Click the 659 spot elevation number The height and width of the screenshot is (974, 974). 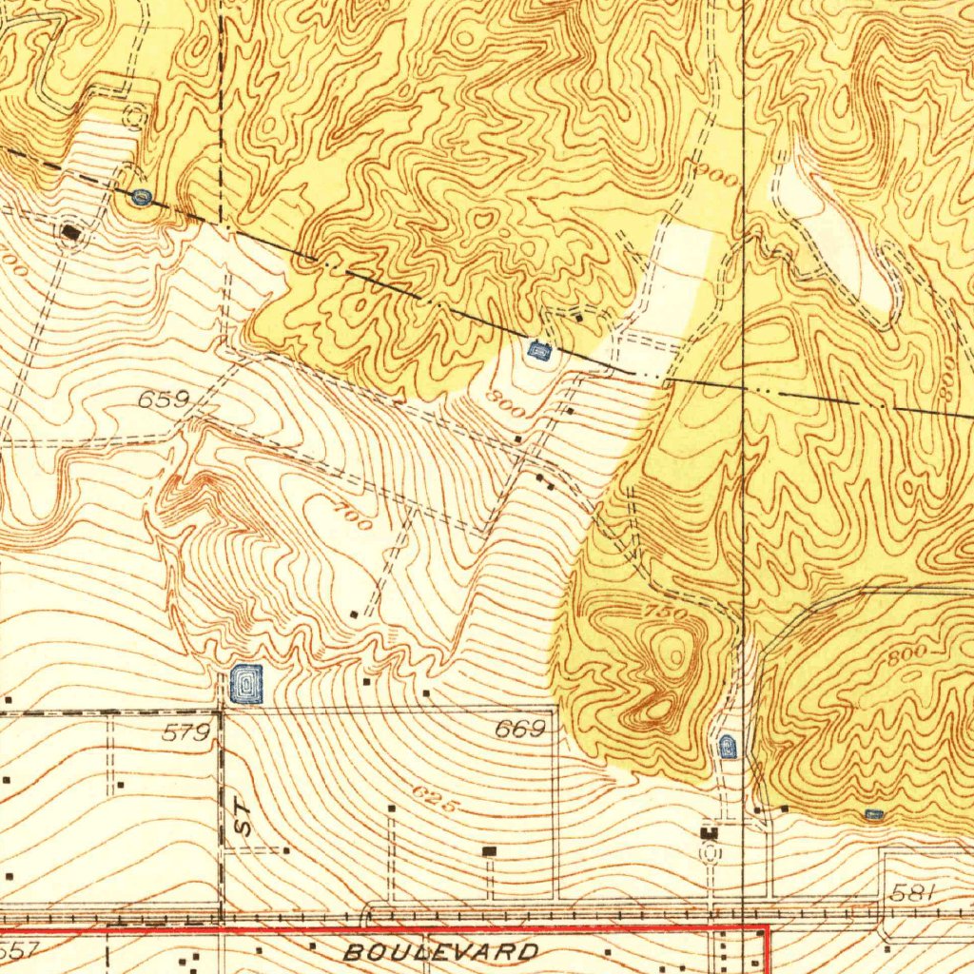(x=165, y=400)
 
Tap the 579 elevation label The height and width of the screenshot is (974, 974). (x=186, y=732)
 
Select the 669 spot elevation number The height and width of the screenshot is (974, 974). (x=520, y=730)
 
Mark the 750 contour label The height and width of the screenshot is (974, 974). (x=666, y=614)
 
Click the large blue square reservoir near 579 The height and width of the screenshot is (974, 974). (x=246, y=684)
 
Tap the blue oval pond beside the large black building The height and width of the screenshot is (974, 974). (x=142, y=197)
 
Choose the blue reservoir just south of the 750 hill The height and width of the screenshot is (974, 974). (x=728, y=746)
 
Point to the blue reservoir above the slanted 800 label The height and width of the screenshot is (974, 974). (x=538, y=351)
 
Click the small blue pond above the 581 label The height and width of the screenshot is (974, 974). (x=874, y=814)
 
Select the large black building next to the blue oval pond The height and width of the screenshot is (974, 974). (x=71, y=231)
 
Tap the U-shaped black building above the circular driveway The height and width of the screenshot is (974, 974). (x=710, y=833)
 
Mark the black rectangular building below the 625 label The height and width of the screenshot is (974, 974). (x=490, y=850)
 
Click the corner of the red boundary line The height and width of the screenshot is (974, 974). (x=766, y=927)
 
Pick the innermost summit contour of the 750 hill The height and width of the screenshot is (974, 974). (x=676, y=654)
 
